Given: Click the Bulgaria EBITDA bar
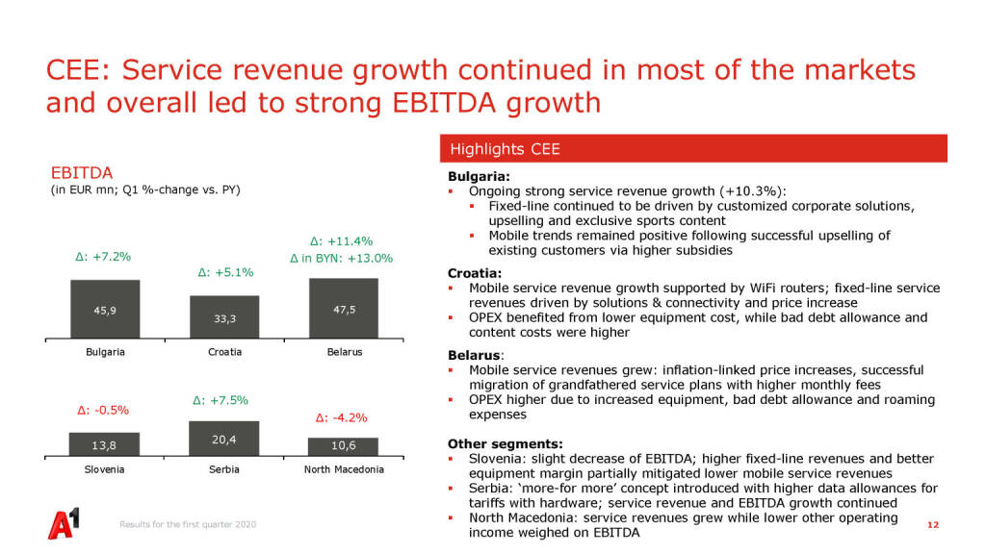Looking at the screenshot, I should [x=105, y=310].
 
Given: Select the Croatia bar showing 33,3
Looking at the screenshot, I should [x=224, y=317].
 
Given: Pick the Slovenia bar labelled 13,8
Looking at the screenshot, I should [x=105, y=444].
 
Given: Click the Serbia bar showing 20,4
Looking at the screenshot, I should [x=224, y=439].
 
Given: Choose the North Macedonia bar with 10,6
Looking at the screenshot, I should [x=344, y=446].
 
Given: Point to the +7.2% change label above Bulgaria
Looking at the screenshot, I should [x=103, y=257].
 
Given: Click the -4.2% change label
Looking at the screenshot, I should [x=341, y=417].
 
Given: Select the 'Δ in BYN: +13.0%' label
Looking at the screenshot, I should [x=341, y=258].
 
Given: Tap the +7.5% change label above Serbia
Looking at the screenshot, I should [x=221, y=399].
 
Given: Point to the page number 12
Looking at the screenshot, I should [x=931, y=525].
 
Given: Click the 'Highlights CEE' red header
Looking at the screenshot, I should [x=693, y=149].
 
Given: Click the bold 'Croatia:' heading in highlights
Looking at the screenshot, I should [x=476, y=273].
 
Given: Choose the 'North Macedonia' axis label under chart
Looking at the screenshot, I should [x=344, y=469].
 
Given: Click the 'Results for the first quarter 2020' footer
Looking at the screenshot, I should [x=188, y=524].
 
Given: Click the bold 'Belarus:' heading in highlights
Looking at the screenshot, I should [x=475, y=355].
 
